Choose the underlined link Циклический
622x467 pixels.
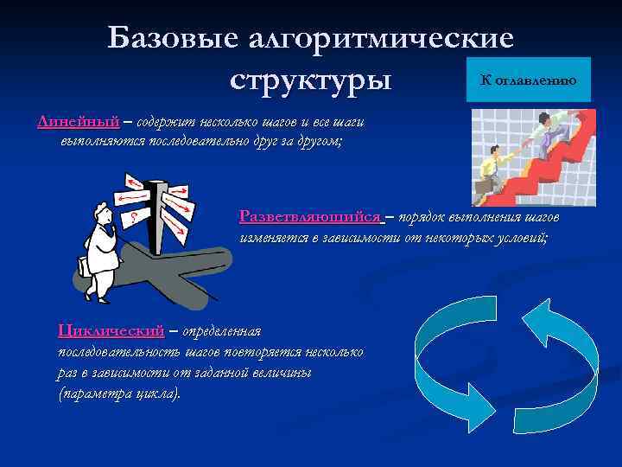[111, 330]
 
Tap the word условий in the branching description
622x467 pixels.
[517, 234]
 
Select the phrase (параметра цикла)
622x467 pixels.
[120, 393]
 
